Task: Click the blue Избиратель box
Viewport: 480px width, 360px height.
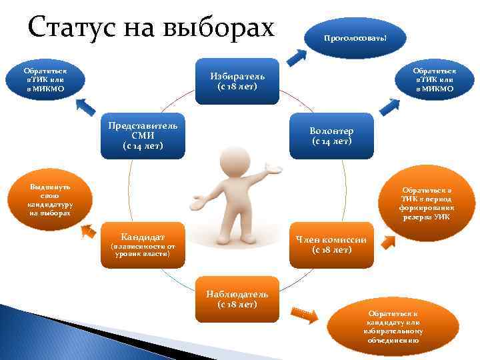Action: pyautogui.click(x=237, y=81)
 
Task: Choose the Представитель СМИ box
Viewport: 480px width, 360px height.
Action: pyautogui.click(x=143, y=136)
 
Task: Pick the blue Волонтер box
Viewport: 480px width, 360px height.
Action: pyautogui.click(x=332, y=136)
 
